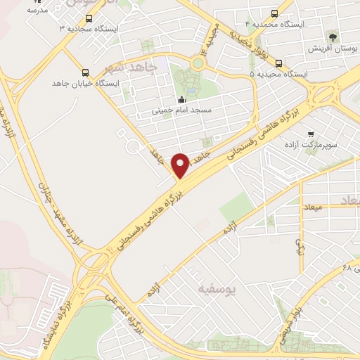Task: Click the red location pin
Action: (x=181, y=165)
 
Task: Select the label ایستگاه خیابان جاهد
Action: (x=86, y=83)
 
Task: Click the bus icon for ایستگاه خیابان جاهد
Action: (x=86, y=72)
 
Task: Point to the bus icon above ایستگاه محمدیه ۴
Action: (x=274, y=13)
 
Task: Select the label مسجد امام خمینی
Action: (x=182, y=110)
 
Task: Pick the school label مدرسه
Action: (x=36, y=11)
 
